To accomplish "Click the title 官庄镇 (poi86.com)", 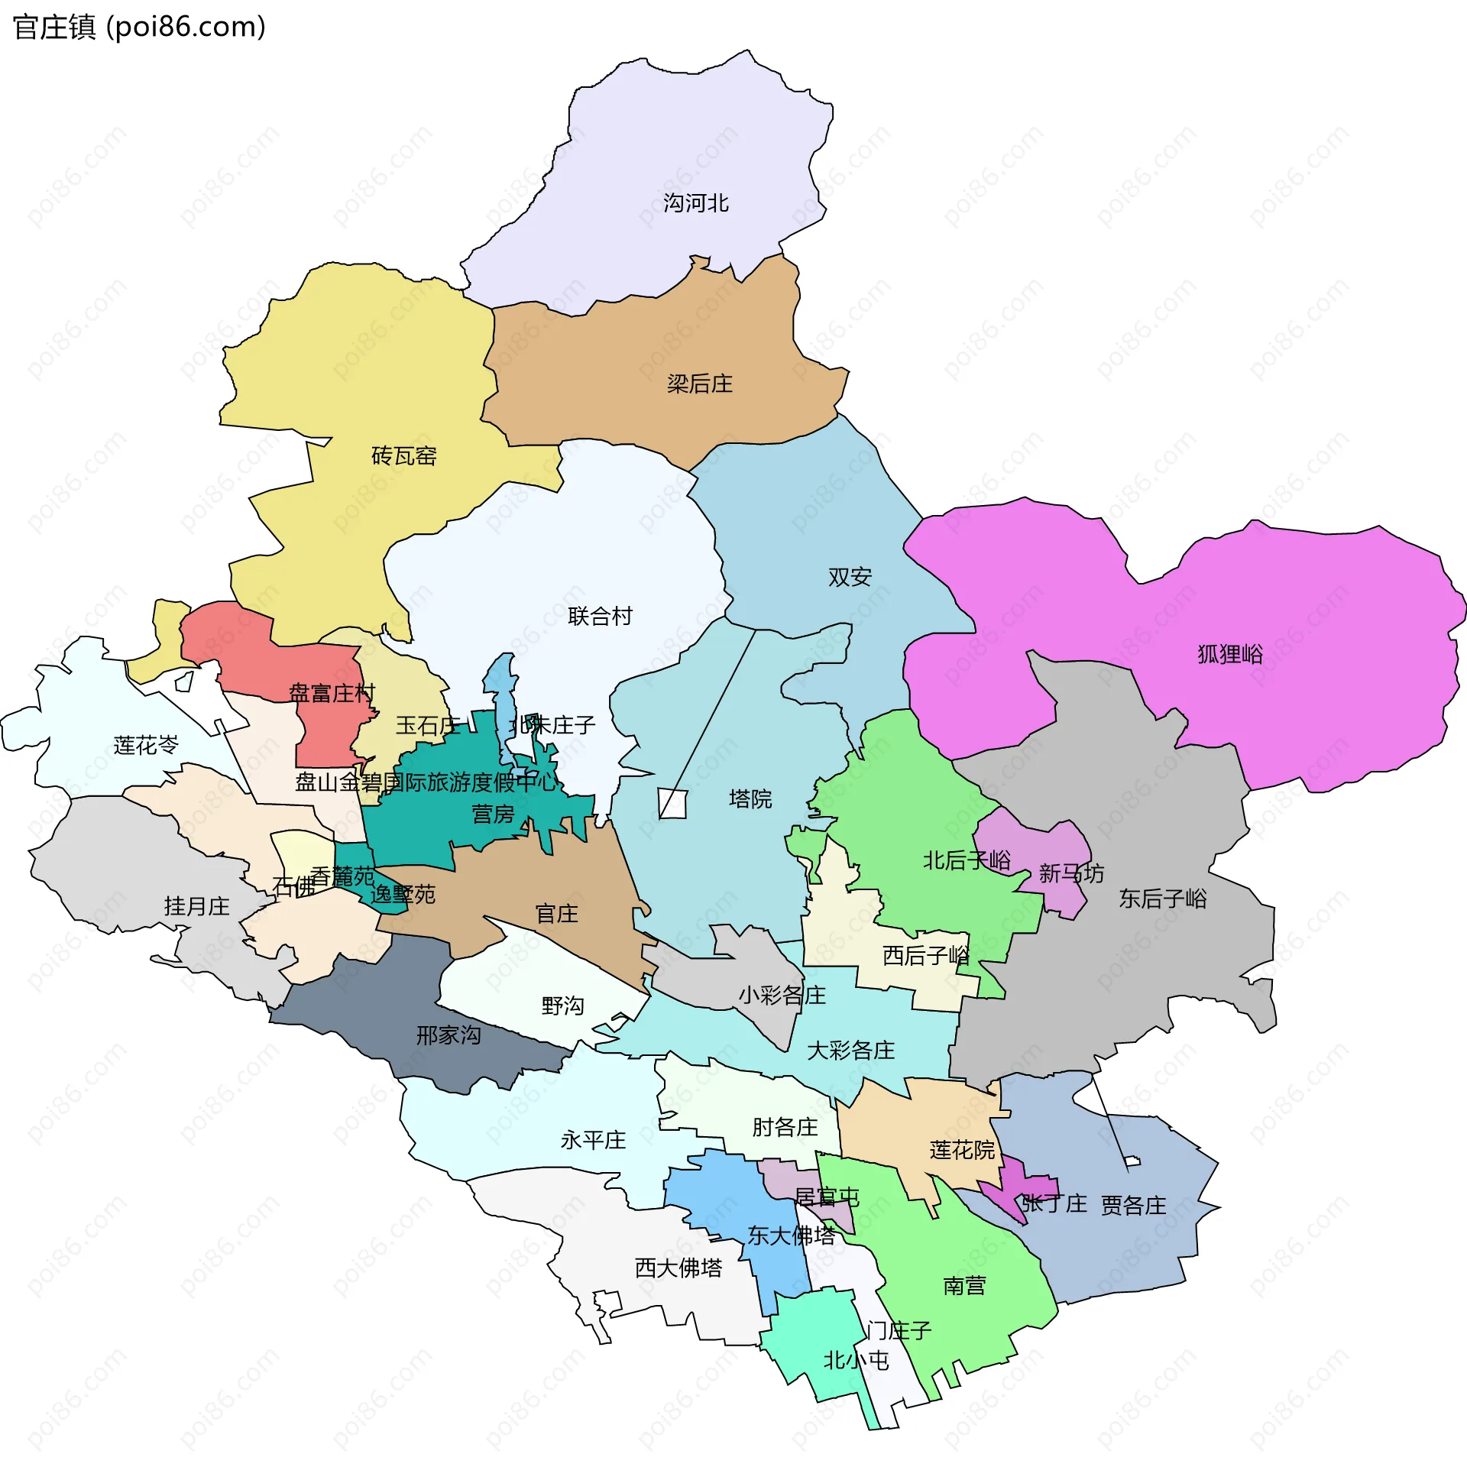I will coord(139,28).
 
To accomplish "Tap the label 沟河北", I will coord(695,203).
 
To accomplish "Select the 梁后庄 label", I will coord(698,384).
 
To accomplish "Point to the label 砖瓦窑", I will coord(403,457).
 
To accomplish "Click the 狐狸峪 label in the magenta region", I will coord(1229,654).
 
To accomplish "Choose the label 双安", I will coord(849,577).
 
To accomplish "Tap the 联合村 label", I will coord(600,617).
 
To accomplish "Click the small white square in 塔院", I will coord(672,805).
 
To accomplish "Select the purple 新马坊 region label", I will coord(1070,873).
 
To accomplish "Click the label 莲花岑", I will coord(145,746).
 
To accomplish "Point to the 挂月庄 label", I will coord(196,907).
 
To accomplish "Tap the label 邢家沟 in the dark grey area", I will coord(449,1035).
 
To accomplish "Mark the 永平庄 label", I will coord(593,1141).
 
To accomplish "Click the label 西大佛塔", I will coord(678,1268).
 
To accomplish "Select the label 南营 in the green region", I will coord(963,1285).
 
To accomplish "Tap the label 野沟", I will coord(562,1006).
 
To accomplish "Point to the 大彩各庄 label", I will coord(850,1051).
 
